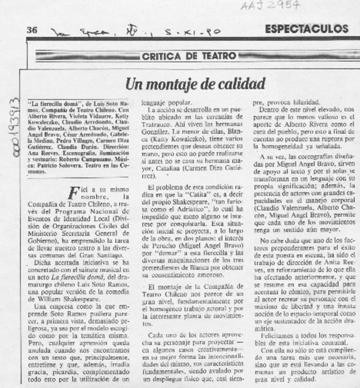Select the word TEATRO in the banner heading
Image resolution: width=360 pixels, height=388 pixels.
(x=207, y=57)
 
